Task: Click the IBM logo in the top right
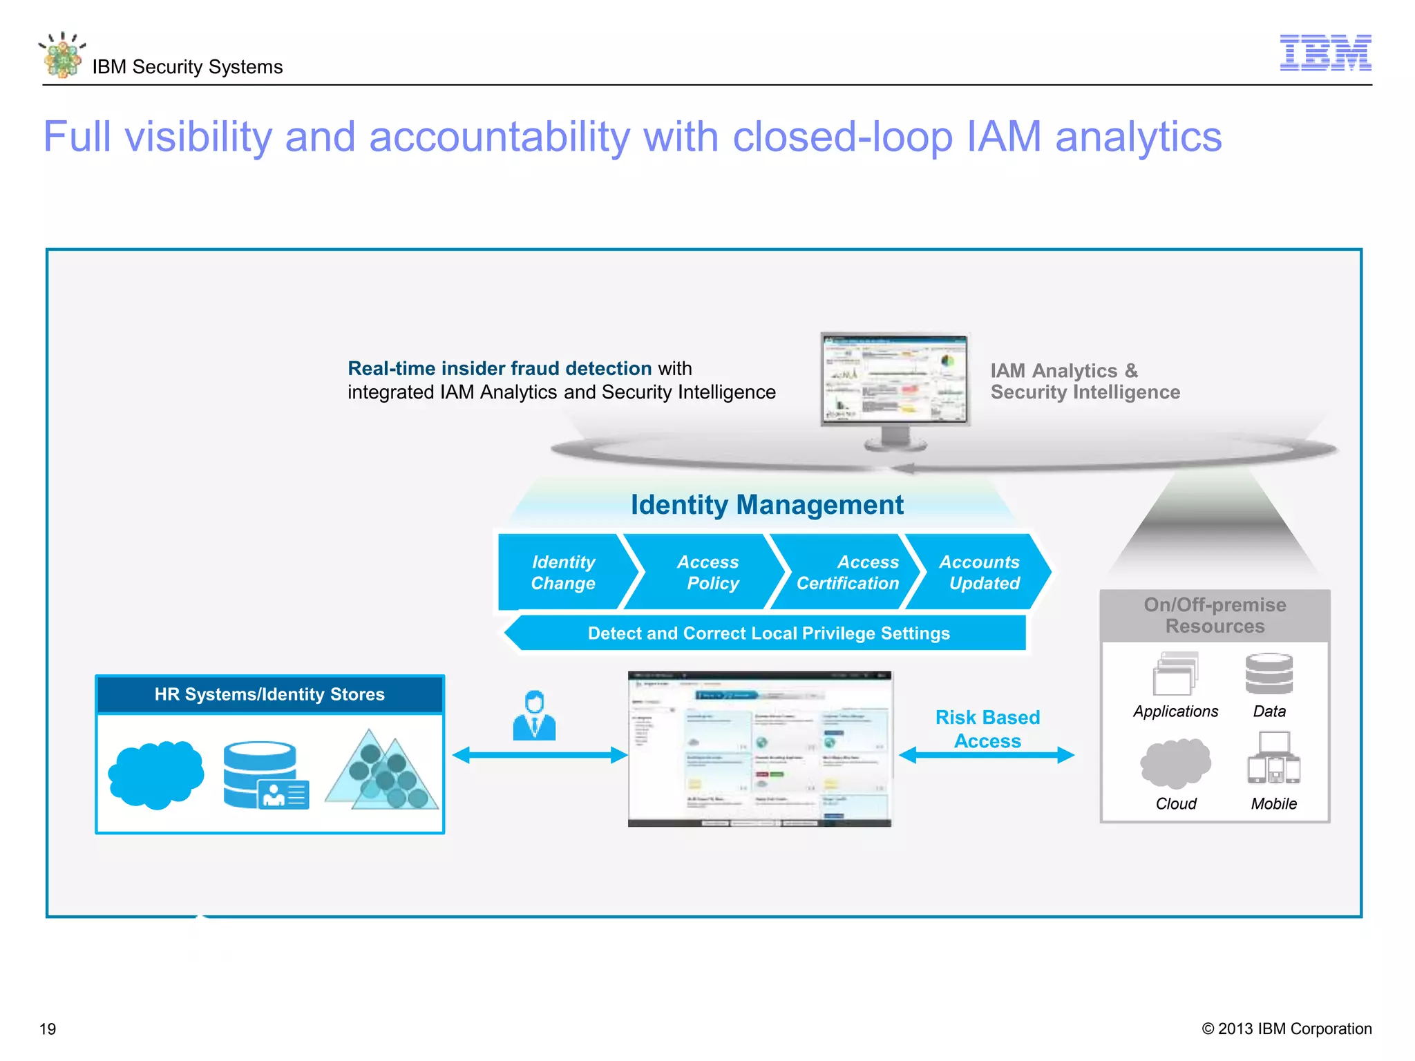point(1325,52)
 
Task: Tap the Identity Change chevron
point(563,572)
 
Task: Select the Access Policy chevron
point(709,572)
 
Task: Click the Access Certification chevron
point(848,572)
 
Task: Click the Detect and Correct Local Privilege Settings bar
point(768,633)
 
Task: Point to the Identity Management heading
point(766,505)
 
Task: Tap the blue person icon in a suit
point(534,716)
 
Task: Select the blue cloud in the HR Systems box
point(156,774)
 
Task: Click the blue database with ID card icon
point(265,775)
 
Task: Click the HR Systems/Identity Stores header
point(269,694)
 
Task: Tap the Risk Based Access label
point(987,729)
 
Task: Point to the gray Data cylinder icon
point(1269,674)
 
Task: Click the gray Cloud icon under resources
point(1175,764)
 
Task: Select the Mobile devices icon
point(1273,759)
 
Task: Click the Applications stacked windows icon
point(1175,673)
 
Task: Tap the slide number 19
point(48,1029)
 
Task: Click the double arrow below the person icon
point(540,755)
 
